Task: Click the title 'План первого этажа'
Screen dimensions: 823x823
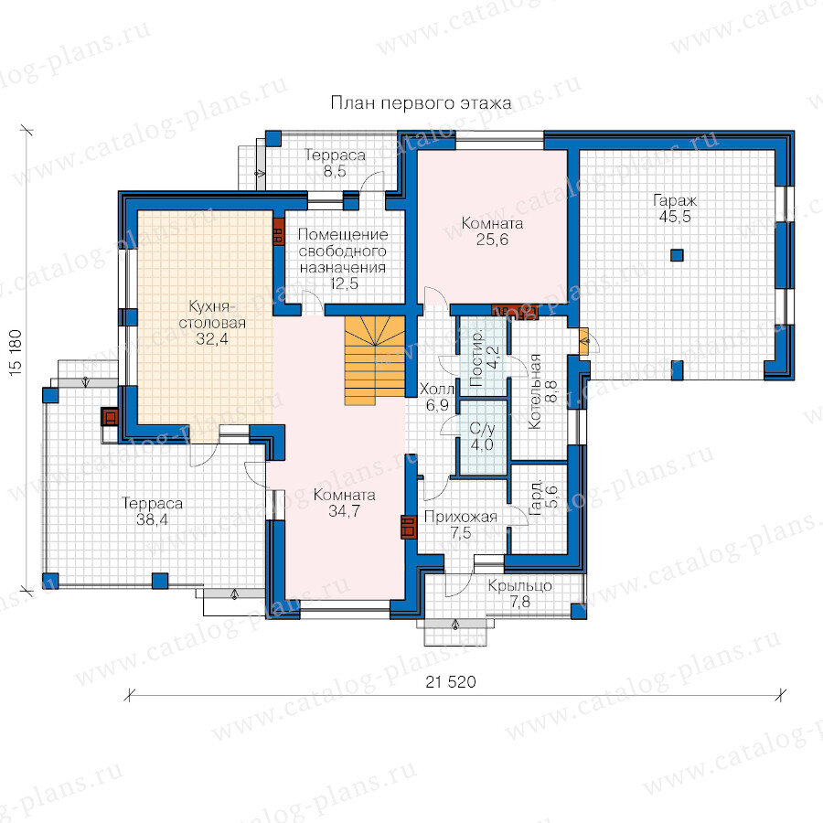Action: [x=421, y=102]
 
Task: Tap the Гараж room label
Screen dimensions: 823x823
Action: [x=675, y=200]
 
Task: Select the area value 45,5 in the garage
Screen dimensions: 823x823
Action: [x=675, y=217]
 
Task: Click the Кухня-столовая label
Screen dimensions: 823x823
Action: [x=212, y=315]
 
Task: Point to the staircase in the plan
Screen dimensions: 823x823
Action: [x=375, y=360]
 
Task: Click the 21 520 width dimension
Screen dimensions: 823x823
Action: [x=451, y=682]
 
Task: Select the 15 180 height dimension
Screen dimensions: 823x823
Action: [x=16, y=352]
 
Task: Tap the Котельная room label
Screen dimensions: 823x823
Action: [x=535, y=391]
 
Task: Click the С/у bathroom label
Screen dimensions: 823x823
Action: [x=482, y=429]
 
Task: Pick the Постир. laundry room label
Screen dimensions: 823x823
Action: [x=477, y=359]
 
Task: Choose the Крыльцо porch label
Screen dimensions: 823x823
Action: [x=519, y=586]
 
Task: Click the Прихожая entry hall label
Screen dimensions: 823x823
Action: [x=460, y=517]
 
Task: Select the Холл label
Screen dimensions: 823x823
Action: [x=437, y=389]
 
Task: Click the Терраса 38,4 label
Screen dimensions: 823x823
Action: [x=152, y=511]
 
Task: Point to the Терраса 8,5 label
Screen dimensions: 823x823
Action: [x=335, y=163]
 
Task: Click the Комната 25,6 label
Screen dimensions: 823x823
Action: [x=492, y=231]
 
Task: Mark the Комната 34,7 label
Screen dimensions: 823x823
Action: [x=345, y=502]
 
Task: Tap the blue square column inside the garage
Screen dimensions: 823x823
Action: [x=677, y=256]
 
